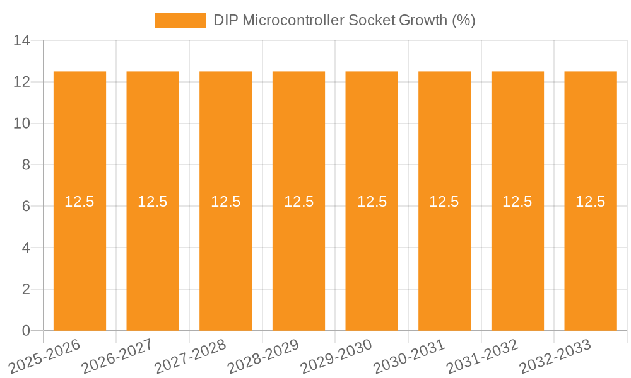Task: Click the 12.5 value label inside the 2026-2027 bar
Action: click(153, 202)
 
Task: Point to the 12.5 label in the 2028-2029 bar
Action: click(298, 202)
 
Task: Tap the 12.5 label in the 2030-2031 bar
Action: click(444, 202)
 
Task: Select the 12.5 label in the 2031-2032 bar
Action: click(517, 202)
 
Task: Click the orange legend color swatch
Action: click(180, 20)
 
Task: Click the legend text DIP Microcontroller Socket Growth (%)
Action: click(344, 20)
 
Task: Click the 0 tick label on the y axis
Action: click(26, 331)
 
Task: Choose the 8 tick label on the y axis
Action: click(26, 165)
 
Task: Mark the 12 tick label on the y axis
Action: click(22, 82)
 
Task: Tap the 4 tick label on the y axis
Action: click(26, 248)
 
